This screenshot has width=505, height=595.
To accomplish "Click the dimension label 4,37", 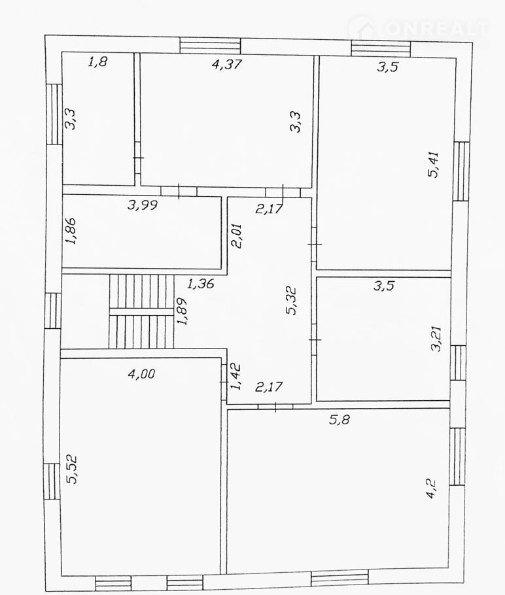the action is point(227,64).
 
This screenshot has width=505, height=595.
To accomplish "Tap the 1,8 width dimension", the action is point(97,61).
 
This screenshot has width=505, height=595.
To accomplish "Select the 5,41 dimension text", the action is point(433,165).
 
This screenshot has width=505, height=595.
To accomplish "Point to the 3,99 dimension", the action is point(143,205).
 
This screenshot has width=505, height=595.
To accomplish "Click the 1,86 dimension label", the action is point(71,231).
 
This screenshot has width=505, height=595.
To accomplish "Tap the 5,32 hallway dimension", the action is point(292,302).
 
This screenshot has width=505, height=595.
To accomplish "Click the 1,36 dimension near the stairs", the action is point(201,283).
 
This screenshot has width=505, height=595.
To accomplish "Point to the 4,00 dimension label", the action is point(142,374).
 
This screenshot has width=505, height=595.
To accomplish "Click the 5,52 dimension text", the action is point(71,469).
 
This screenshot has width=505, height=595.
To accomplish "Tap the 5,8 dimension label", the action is point(339,419).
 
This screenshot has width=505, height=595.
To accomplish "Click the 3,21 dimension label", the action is point(436,339).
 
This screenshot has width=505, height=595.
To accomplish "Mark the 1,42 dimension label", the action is point(235,377).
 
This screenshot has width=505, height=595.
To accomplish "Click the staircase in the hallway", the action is point(141,311).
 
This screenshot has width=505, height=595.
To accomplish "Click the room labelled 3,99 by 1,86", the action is point(142,232).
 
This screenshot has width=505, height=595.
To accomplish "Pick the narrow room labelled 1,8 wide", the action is point(98,119).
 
